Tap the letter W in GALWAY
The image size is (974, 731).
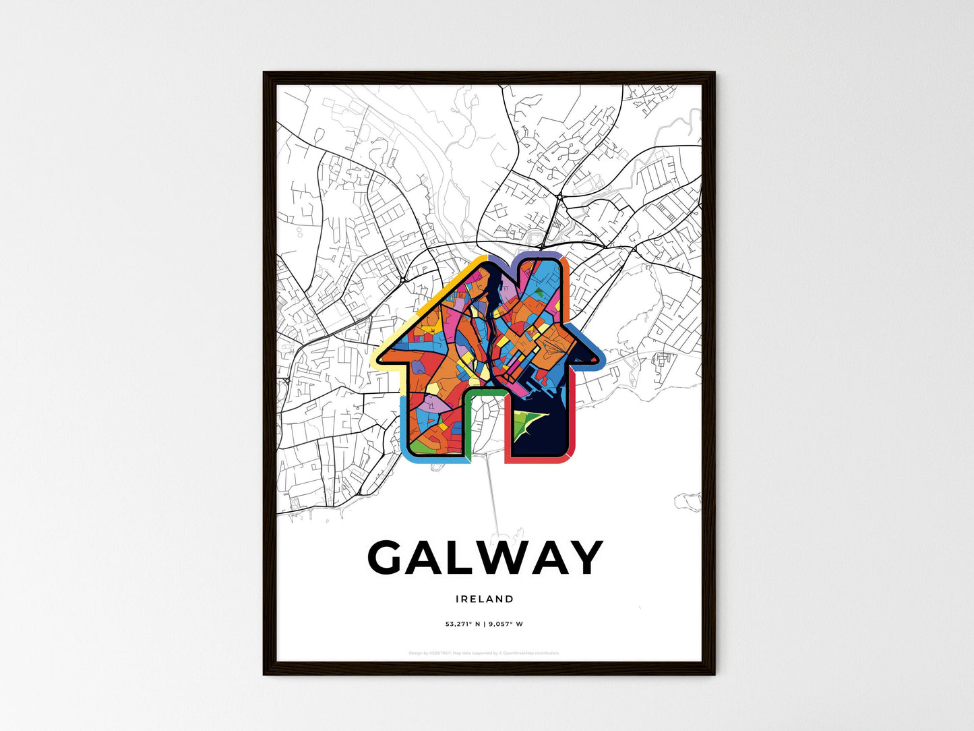point(497,558)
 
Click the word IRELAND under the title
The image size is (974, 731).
point(484,599)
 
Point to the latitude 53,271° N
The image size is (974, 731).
point(462,624)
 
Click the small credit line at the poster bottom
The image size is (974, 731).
point(484,653)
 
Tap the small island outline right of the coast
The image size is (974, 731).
point(688,501)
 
